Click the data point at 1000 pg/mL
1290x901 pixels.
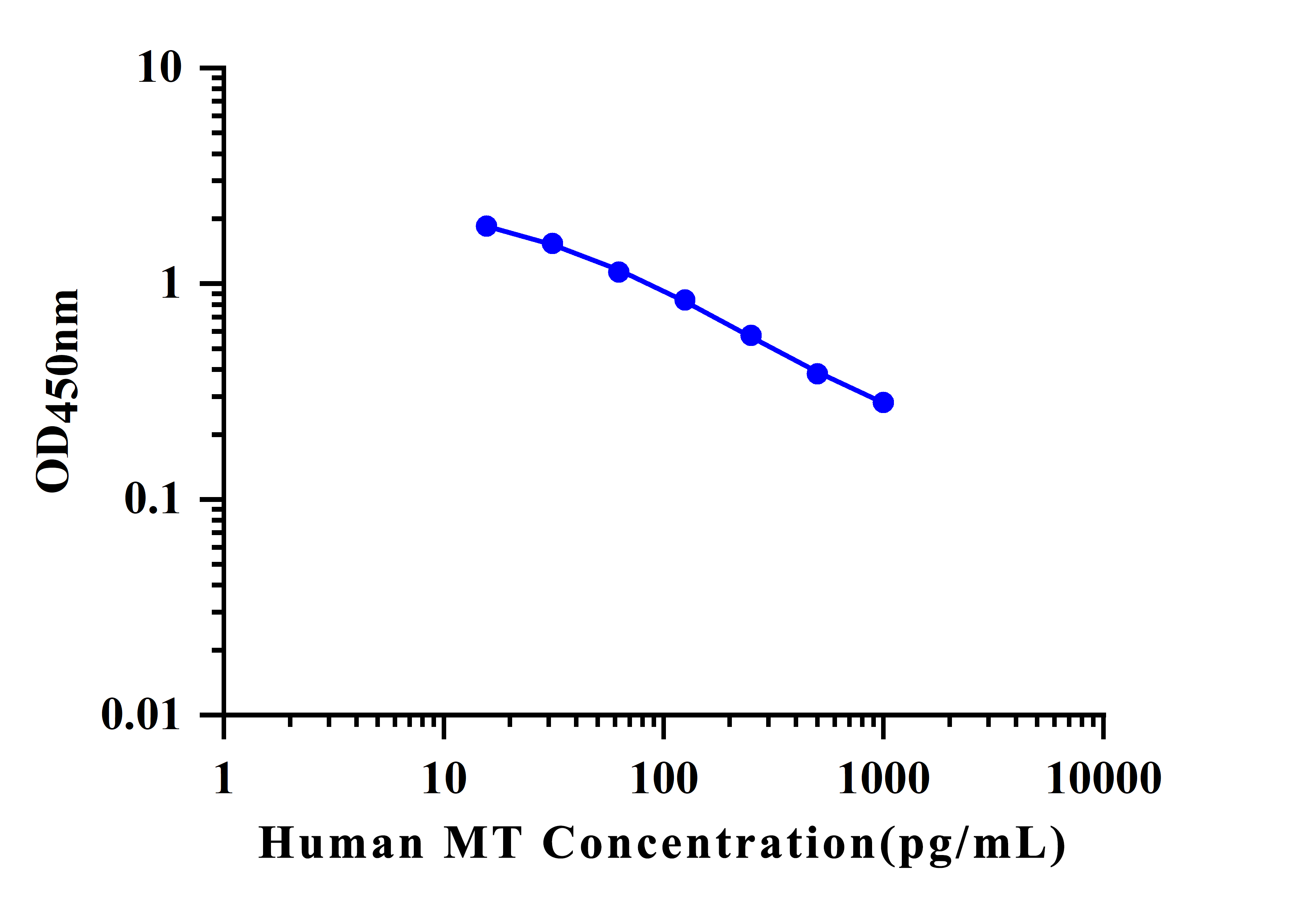(x=883, y=402)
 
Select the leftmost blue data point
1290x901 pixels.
(x=487, y=226)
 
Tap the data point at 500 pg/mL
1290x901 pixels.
(x=817, y=373)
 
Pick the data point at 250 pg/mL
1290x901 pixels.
(x=751, y=336)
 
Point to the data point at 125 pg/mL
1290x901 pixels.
(x=685, y=300)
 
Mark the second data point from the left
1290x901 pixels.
(x=553, y=243)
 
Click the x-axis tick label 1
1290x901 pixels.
(x=223, y=779)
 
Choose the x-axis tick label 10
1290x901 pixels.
(x=444, y=779)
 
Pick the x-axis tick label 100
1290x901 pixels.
(x=664, y=779)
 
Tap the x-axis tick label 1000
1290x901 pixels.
(x=884, y=779)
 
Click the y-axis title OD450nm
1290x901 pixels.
(x=56, y=392)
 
